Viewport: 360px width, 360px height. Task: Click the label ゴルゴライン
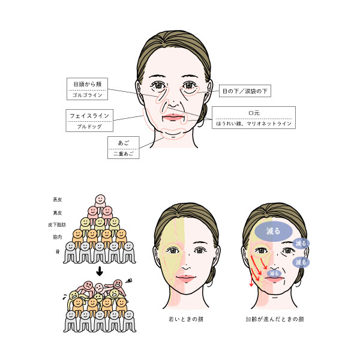[88, 95]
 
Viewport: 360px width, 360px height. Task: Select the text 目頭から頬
[88, 84]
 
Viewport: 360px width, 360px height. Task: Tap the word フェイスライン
[88, 115]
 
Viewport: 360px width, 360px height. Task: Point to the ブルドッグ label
[88, 127]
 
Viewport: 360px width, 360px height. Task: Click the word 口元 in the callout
[254, 112]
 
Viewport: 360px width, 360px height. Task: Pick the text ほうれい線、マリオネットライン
[254, 124]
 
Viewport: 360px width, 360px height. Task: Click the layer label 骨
[58, 251]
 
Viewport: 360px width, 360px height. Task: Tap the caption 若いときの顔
[185, 319]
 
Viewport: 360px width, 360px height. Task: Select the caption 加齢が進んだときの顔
[274, 319]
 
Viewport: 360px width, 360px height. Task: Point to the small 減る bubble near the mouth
[274, 274]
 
